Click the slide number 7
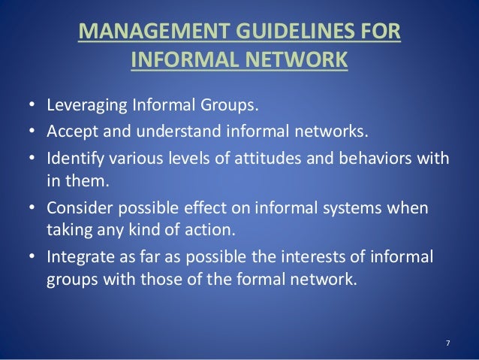click(447, 343)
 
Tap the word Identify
click(73, 161)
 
